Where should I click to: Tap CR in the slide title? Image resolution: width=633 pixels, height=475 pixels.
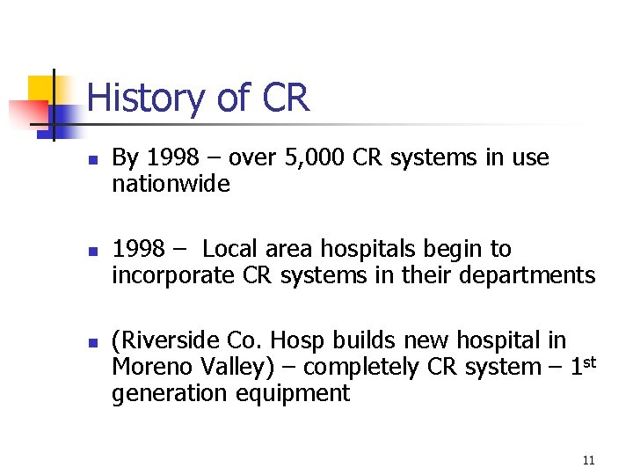tap(285, 98)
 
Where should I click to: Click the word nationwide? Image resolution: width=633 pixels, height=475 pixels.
tap(171, 185)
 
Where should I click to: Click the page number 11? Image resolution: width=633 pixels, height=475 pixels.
tap(588, 460)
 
